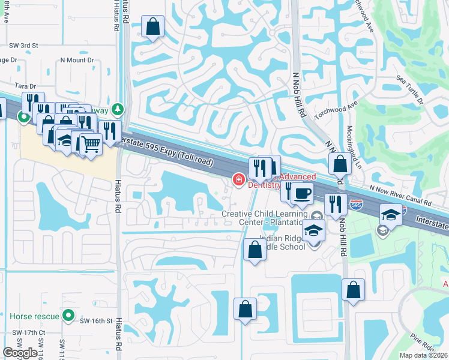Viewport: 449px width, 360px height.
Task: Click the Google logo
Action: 19,353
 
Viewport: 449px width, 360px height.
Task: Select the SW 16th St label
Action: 97,321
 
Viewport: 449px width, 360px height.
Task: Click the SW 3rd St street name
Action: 23,46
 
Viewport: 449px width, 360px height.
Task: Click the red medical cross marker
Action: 238,179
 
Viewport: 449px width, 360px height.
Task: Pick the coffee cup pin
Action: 304,193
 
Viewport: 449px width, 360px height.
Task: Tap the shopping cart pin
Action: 91,143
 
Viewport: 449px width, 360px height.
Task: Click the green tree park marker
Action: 119,109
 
